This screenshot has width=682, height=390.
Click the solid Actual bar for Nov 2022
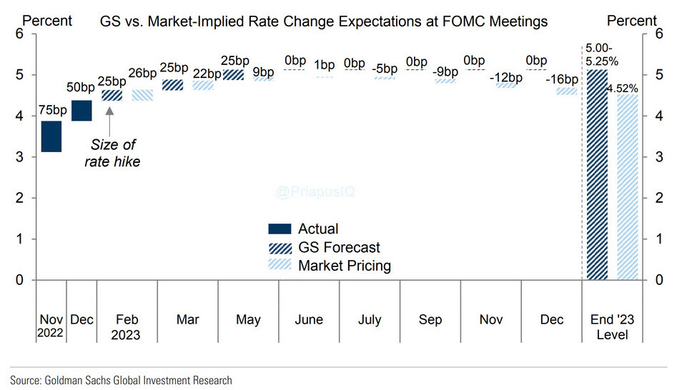point(51,136)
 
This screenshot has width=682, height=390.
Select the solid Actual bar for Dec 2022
point(81,111)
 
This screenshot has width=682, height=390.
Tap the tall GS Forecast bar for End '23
point(597,174)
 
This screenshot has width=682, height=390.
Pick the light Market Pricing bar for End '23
point(627,187)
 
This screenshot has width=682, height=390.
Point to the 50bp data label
point(81,88)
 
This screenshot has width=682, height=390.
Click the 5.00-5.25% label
point(599,54)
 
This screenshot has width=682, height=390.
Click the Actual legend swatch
point(280,229)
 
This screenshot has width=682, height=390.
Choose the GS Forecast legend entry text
point(339,248)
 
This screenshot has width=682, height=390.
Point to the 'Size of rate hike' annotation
point(114,154)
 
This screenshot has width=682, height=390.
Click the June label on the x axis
point(309,320)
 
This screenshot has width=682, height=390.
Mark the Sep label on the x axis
point(430,320)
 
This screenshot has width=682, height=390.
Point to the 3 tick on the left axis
point(19,156)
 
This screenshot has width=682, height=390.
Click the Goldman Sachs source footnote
point(121,380)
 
